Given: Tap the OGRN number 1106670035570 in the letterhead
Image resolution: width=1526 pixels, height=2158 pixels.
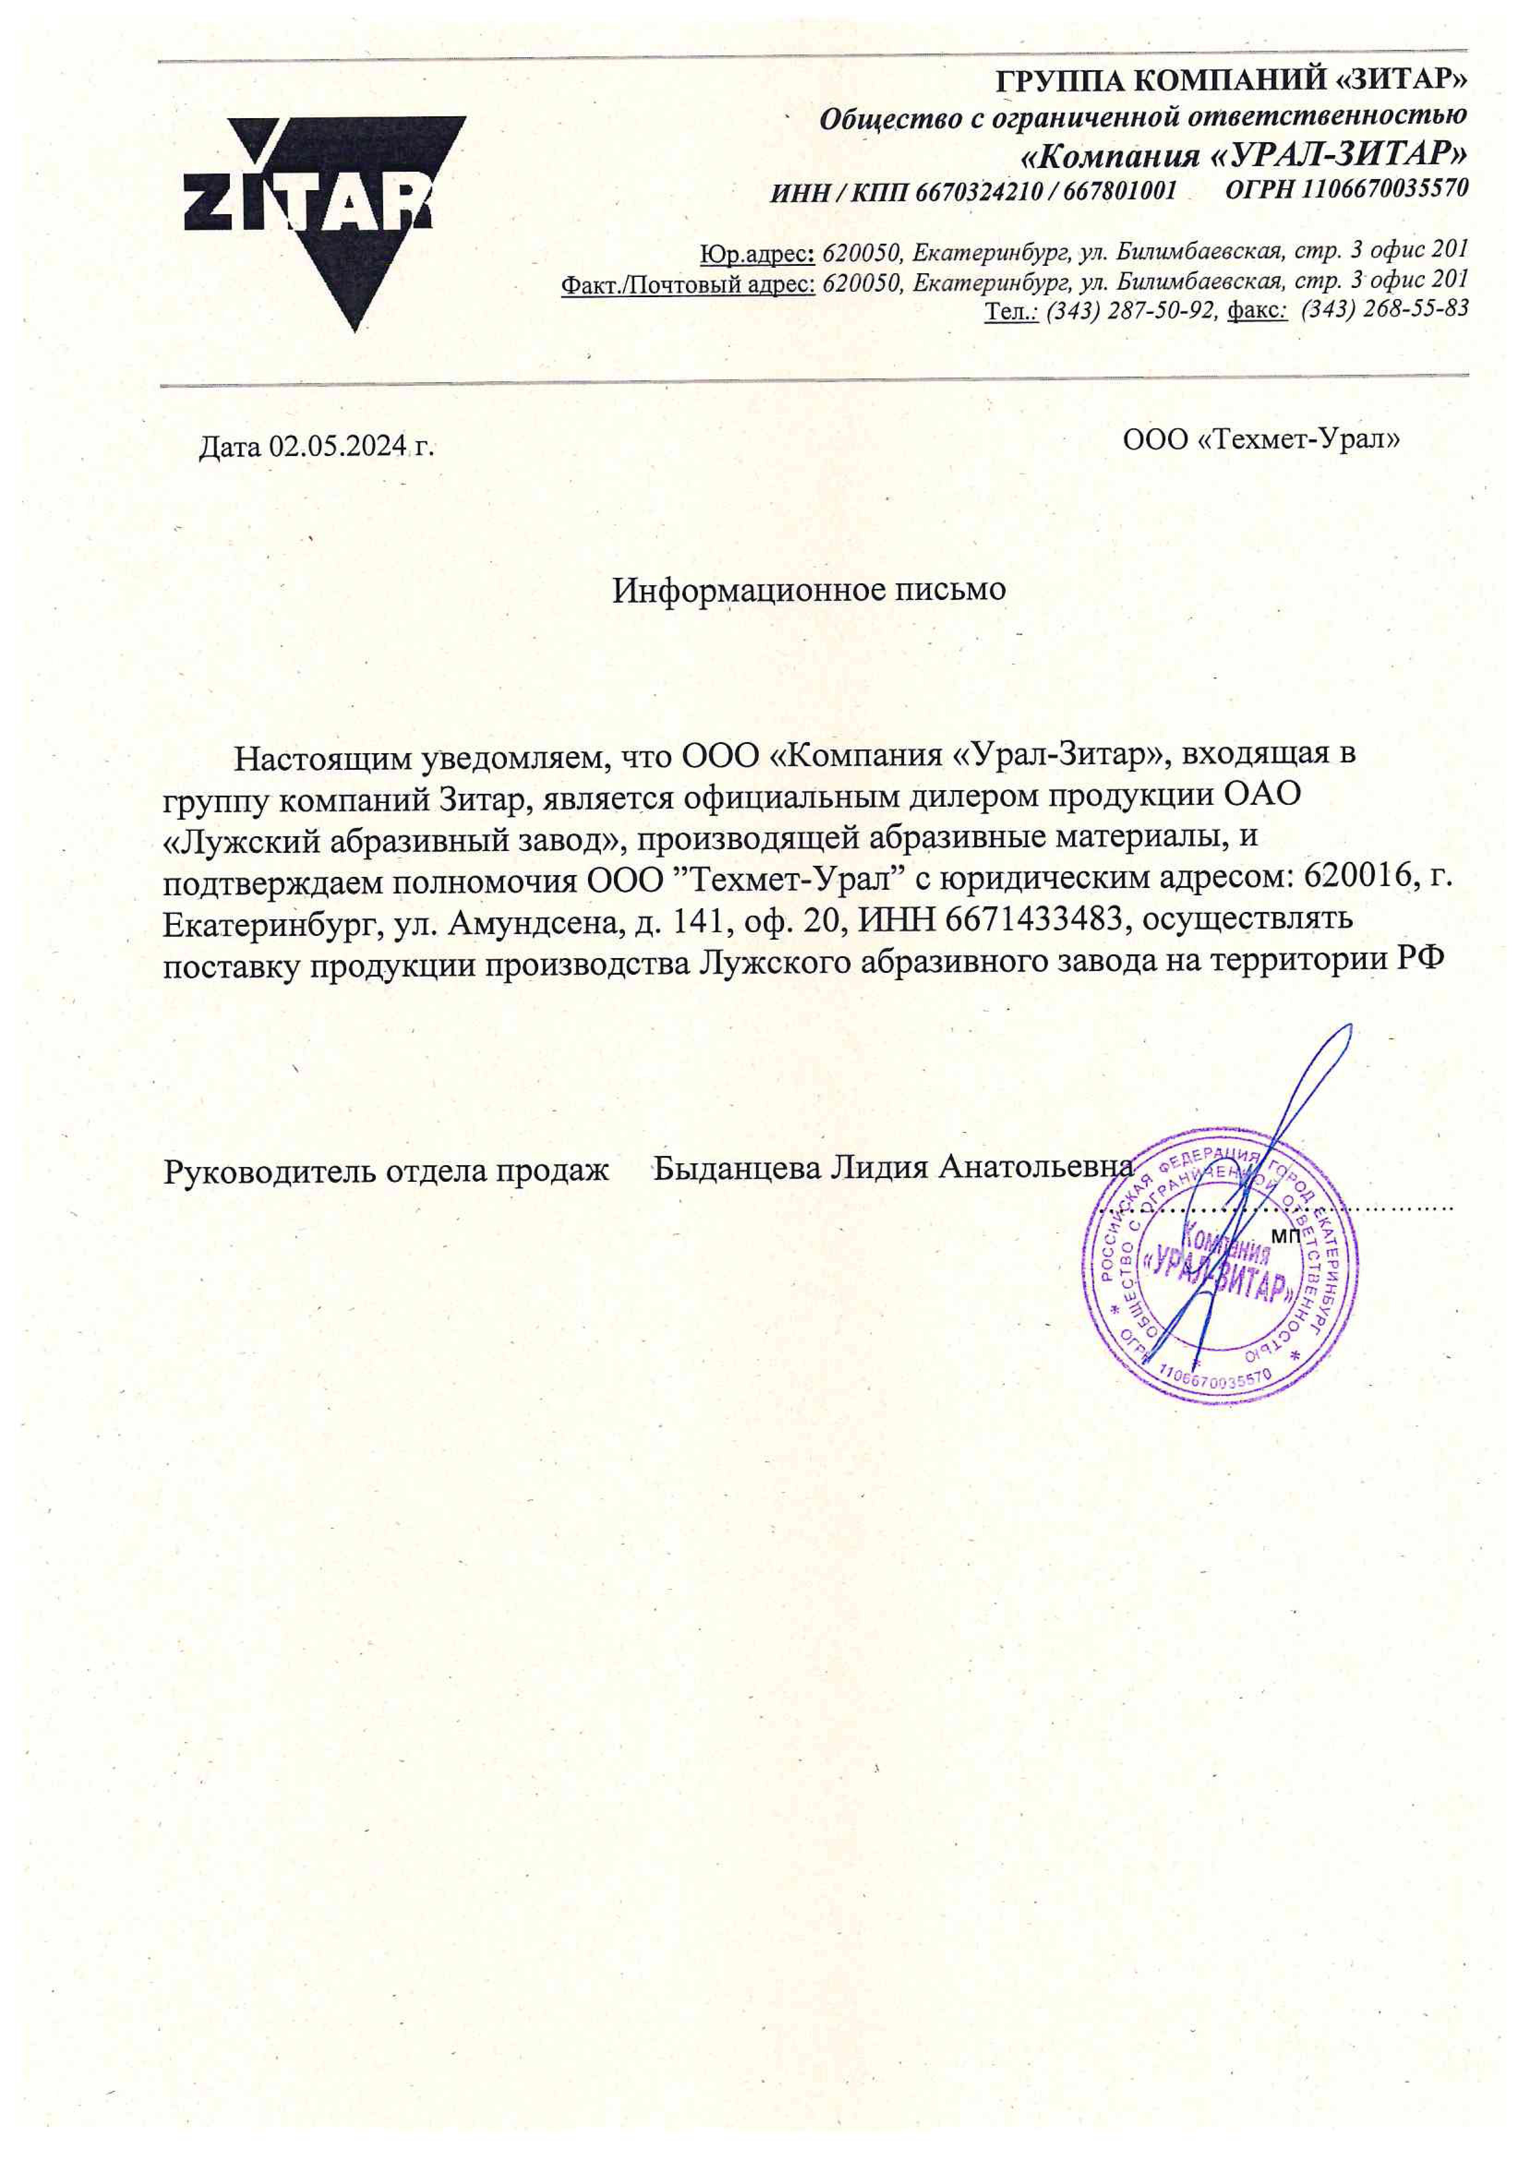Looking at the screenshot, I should pos(1385,188).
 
